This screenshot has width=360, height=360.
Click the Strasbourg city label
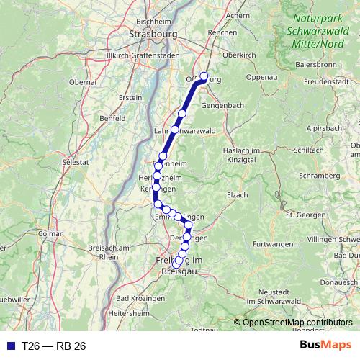point(152,33)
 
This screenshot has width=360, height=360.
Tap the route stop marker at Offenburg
point(204,77)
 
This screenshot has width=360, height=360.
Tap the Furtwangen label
point(276,244)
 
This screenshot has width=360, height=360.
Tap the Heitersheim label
point(128,314)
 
